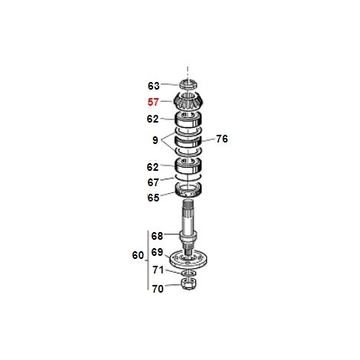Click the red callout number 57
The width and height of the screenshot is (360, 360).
153,102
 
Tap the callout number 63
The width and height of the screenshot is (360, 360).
154,86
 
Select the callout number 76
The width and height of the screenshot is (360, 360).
222,139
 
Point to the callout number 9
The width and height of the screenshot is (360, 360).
155,140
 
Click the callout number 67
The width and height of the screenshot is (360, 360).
153,182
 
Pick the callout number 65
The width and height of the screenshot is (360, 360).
153,198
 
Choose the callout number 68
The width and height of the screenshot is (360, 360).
157,236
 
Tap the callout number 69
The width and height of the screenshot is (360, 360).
157,252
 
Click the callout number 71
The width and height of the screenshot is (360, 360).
158,270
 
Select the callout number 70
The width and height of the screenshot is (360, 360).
158,289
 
